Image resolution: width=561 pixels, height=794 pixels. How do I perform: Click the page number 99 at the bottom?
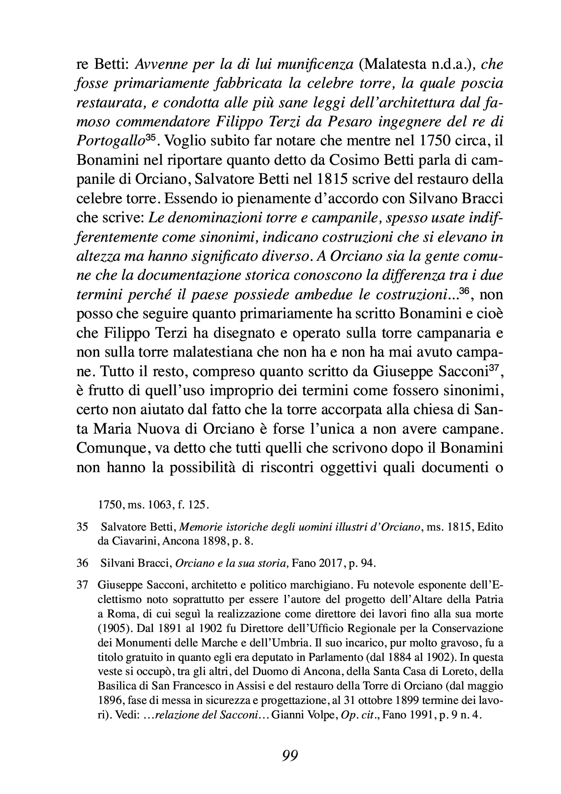coord(290,756)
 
